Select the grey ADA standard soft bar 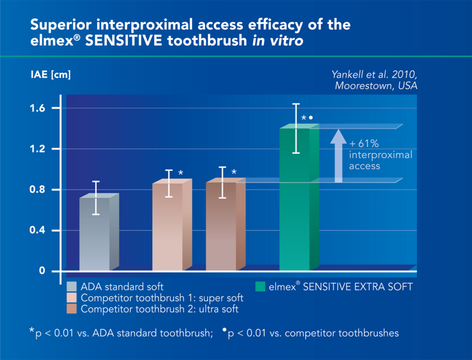pos(95,234)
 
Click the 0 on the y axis pos(42,271)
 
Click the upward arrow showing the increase pos(338,155)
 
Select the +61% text pos(363,144)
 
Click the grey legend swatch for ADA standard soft pos(73,287)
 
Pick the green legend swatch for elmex pos(260,287)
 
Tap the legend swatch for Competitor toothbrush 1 pos(73,298)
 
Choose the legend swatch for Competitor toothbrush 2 pos(73,310)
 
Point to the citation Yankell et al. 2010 pos(374,74)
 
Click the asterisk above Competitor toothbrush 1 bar pos(181,173)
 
